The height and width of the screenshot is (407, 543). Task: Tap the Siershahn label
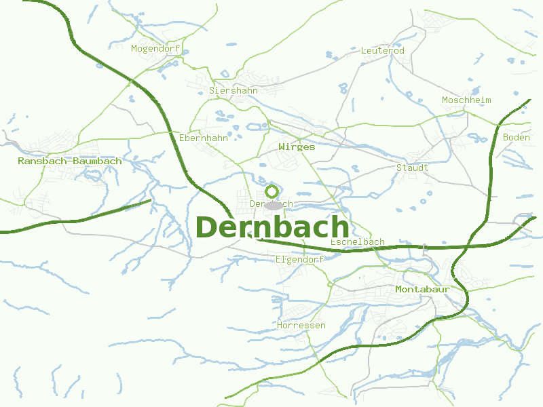point(233,90)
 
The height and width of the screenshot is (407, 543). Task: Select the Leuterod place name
point(383,51)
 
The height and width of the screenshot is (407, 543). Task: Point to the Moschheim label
point(466,100)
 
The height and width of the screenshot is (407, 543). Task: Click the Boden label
point(517,138)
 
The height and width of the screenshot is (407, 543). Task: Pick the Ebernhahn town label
point(204,138)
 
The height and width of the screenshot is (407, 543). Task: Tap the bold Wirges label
point(297,147)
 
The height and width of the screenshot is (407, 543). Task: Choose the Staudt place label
point(412,168)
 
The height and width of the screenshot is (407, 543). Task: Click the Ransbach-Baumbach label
point(70,161)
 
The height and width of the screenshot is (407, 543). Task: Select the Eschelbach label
point(357,242)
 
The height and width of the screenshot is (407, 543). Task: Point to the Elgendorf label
point(300,259)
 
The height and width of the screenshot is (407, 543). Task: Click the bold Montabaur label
point(424,290)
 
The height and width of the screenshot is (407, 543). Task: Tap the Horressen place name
point(301,326)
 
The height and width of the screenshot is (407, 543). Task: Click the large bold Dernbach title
point(272,227)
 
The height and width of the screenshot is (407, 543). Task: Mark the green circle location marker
point(272,191)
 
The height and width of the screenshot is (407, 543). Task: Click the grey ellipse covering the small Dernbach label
point(274,205)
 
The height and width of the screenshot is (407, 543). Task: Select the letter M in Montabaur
point(399,290)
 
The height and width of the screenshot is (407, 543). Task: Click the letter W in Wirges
point(282,147)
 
